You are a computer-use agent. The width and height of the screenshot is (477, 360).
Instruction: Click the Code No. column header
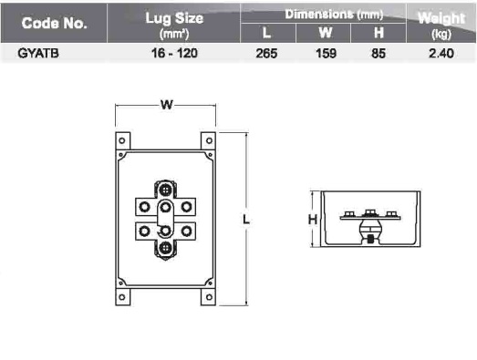pyautogui.click(x=54, y=23)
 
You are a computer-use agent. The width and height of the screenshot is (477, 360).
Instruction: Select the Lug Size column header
pyautogui.click(x=174, y=26)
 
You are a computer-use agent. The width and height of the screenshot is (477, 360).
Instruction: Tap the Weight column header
pyautogui.click(x=441, y=25)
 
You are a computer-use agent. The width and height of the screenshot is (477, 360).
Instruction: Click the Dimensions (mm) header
pyautogui.click(x=334, y=15)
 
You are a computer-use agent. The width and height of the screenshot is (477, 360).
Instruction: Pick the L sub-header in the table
pyautogui.click(x=267, y=33)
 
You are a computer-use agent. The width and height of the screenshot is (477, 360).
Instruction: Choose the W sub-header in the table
pyautogui.click(x=326, y=33)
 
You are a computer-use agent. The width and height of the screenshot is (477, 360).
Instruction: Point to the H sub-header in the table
pyautogui.click(x=378, y=33)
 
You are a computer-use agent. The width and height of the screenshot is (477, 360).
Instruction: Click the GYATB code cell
pyautogui.click(x=38, y=54)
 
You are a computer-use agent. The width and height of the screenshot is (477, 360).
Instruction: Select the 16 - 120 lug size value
pyautogui.click(x=174, y=54)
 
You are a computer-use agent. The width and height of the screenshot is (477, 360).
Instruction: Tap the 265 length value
pyautogui.click(x=266, y=54)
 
